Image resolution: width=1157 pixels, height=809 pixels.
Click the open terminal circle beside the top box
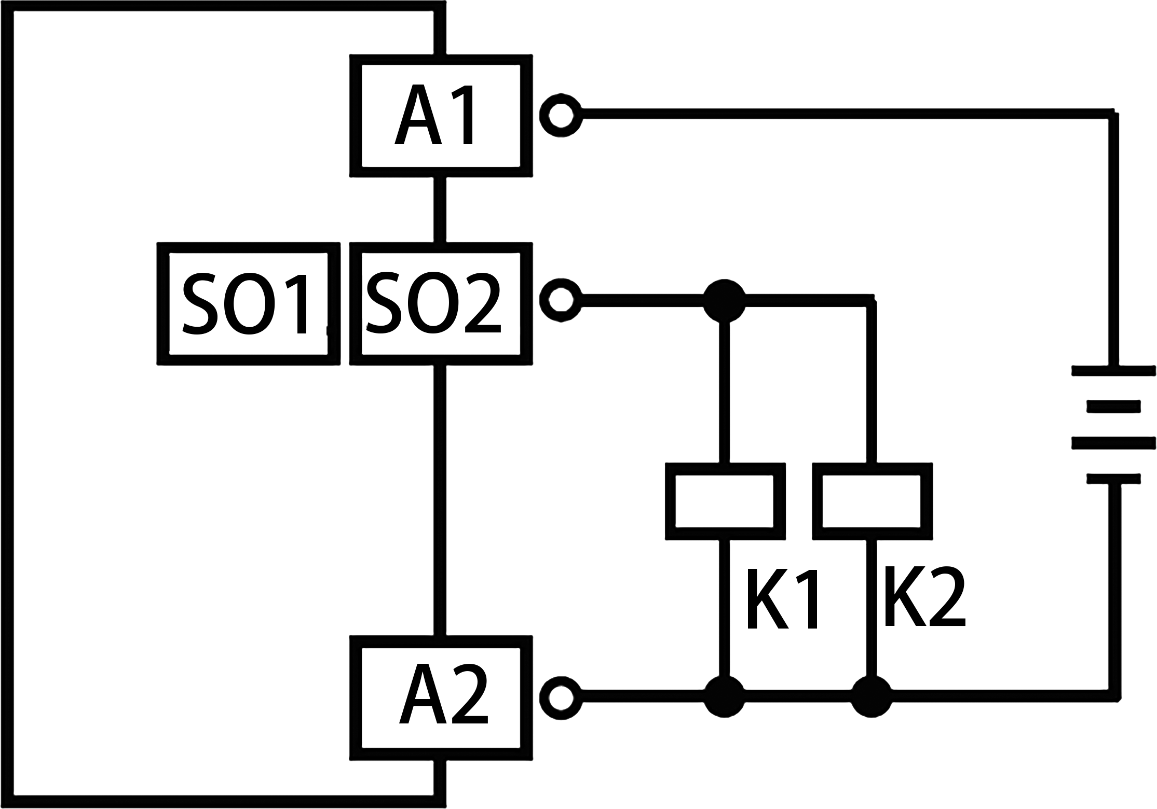point(560,115)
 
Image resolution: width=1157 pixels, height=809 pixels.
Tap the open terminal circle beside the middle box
point(560,300)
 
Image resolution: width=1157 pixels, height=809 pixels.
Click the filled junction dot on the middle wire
point(724,301)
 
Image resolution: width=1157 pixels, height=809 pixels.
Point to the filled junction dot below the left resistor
point(724,696)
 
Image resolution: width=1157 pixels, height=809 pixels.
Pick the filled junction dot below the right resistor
point(871,696)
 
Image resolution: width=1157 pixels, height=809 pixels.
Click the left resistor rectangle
point(725,501)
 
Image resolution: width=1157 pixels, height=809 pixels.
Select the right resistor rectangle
point(872,501)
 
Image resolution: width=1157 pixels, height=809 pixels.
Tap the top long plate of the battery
point(1113,371)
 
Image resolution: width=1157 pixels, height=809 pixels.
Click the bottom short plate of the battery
point(1113,478)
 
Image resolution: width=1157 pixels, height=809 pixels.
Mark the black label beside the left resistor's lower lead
point(782,598)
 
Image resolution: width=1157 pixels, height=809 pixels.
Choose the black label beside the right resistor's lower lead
point(925,596)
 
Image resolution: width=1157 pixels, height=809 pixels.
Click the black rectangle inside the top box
point(433,114)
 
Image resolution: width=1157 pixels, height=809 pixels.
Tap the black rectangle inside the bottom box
point(443,693)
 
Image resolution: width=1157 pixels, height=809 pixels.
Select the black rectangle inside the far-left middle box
point(244,303)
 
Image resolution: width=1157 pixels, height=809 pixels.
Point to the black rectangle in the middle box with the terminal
point(433,302)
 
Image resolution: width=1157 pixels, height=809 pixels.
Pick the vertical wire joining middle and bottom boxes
point(440,500)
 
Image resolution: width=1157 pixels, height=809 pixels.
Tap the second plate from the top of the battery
point(1113,407)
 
